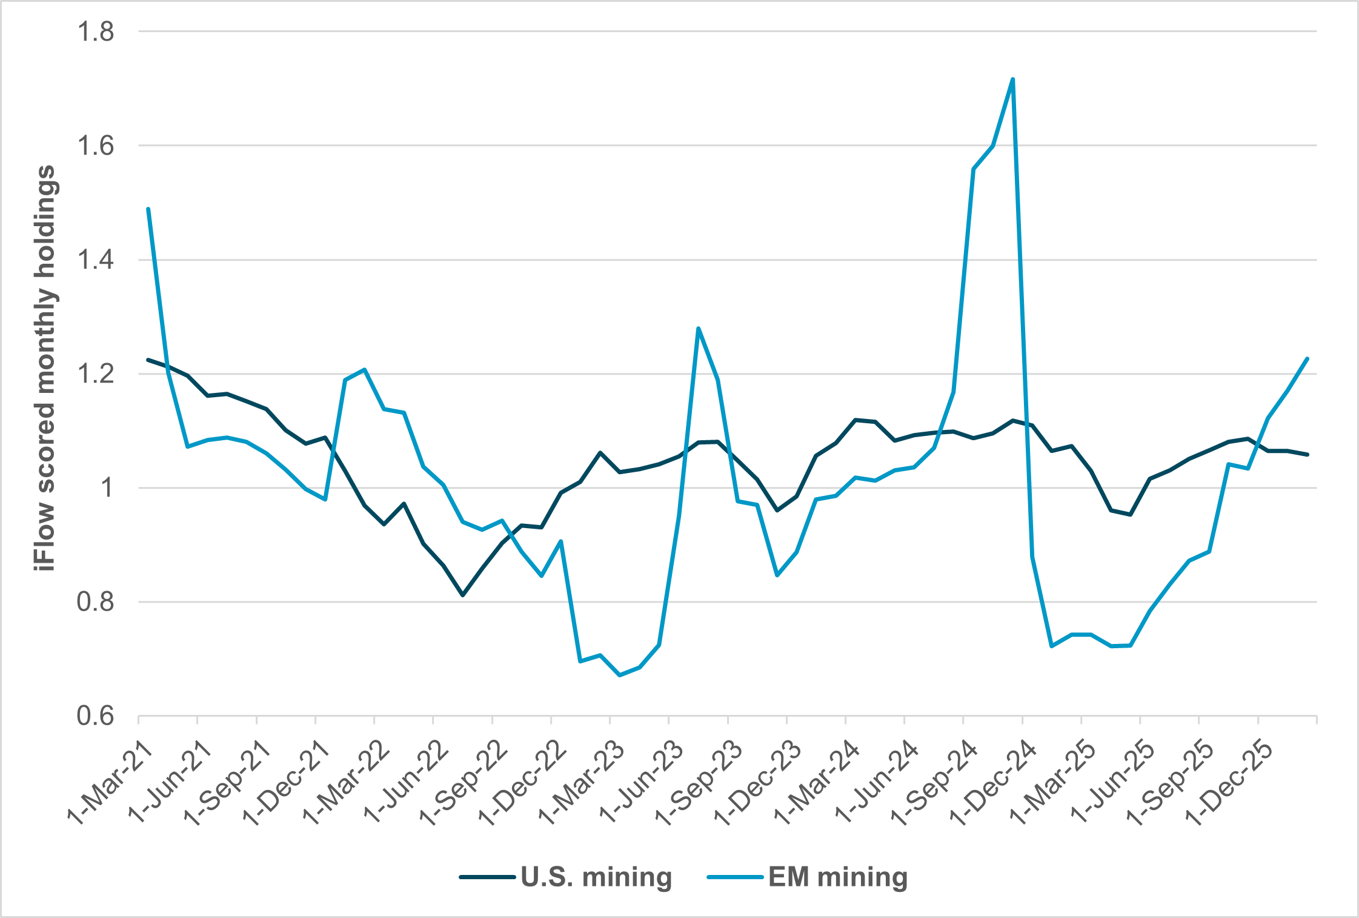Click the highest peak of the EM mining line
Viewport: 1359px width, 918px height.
point(1012,79)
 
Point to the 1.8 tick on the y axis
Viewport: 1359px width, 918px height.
point(95,32)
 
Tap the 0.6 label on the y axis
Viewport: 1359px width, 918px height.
point(95,716)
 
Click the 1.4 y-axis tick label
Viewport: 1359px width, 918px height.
point(95,260)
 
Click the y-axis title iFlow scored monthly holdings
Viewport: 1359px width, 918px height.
point(45,367)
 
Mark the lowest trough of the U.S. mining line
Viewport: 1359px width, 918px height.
point(463,595)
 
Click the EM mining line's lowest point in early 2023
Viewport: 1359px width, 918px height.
point(620,675)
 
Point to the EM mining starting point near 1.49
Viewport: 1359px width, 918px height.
point(148,209)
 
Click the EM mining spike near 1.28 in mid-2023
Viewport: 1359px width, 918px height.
point(699,328)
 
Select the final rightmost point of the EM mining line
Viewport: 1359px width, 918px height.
point(1307,358)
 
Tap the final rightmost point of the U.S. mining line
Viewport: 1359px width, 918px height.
point(1307,454)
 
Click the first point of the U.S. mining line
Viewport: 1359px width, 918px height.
point(148,360)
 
